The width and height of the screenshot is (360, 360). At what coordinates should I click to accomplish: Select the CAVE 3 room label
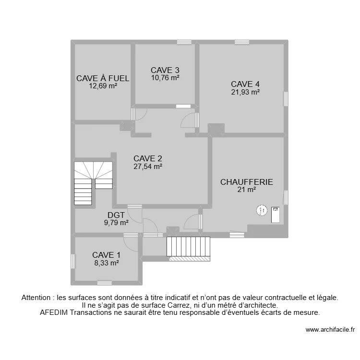pos(165,70)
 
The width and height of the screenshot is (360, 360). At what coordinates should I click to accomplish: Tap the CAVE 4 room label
pos(245,84)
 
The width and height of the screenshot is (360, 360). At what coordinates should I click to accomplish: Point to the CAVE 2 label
pos(148,158)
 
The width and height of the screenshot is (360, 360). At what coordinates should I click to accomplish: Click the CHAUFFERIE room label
pos(246,182)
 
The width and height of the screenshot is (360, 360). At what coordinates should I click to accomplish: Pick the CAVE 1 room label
pos(107,255)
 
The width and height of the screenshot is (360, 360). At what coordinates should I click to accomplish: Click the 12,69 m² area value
pos(103,86)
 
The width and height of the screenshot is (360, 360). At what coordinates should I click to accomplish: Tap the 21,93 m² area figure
pos(245,92)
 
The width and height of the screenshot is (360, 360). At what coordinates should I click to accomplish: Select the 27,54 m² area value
pos(148,167)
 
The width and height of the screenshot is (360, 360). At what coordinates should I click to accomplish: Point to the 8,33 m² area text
pos(107,263)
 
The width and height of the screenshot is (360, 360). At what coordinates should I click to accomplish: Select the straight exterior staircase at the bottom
pos(188,247)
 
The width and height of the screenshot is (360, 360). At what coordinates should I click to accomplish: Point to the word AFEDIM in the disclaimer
pos(54,312)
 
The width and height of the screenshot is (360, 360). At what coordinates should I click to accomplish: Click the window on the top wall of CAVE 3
pos(184,42)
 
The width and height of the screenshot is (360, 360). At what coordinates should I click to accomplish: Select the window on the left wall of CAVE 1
pos(73,261)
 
